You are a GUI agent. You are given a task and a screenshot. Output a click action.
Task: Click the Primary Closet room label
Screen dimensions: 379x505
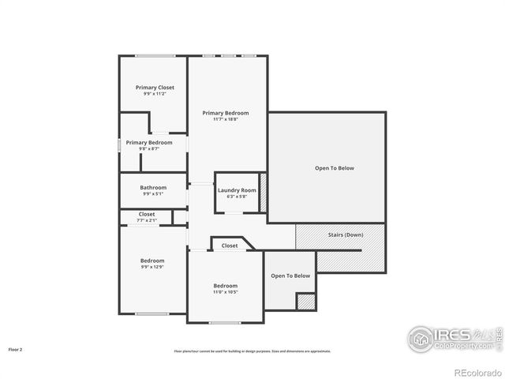[155, 87]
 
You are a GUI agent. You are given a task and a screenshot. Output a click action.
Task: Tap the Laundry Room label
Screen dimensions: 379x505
[238, 190]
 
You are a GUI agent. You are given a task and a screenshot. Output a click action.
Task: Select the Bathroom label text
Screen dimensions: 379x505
[153, 187]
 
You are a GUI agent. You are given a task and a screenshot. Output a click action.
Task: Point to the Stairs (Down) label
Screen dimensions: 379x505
[346, 235]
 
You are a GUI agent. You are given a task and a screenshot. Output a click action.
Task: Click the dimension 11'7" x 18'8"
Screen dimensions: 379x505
[226, 119]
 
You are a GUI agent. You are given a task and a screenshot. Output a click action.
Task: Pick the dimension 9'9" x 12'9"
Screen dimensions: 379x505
[152, 267]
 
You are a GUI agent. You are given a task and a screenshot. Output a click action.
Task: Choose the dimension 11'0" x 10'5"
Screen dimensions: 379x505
[225, 292]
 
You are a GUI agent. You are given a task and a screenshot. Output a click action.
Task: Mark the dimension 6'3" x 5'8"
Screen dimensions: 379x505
[238, 197]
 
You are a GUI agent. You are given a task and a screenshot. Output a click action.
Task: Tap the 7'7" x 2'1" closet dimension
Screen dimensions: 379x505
[147, 220]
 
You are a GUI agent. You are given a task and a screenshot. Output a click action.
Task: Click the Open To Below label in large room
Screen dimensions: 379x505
[335, 168]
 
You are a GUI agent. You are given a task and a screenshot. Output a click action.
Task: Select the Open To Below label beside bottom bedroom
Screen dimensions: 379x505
[290, 276]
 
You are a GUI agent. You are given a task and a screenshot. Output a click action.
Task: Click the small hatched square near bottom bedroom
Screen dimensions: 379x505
[305, 301]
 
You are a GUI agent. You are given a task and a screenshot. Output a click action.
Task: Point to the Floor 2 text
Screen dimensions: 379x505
[16, 348]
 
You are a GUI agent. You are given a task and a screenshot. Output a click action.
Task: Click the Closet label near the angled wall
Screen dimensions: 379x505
[230, 246]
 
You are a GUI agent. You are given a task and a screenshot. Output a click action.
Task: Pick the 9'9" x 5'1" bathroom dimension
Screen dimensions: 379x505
[153, 193]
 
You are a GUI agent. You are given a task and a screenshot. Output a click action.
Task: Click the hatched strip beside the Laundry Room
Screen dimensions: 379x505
[264, 190]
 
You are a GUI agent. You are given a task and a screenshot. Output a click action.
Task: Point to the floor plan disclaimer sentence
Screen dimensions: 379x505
[252, 351]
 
